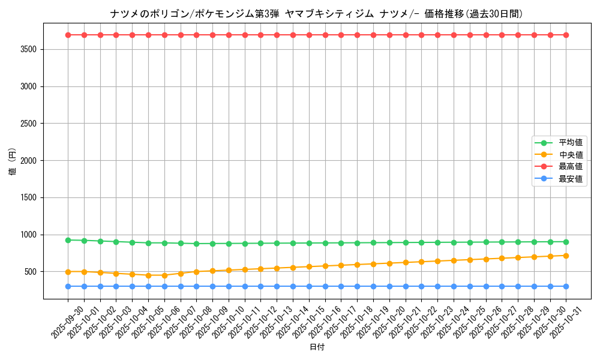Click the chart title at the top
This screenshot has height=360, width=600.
317,14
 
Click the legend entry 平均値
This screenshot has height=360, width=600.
571,143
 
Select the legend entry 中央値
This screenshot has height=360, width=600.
571,155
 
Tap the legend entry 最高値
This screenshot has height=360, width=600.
571,167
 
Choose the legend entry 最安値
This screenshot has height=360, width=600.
571,179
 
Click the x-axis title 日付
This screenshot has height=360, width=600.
317,347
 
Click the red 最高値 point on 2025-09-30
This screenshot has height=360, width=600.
68,35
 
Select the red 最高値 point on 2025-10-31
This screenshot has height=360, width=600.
566,35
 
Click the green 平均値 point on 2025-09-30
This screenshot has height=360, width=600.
68,240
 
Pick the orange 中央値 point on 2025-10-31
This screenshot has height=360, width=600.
566,256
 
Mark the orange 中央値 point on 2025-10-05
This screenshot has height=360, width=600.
148,275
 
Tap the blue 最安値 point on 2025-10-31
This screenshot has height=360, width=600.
566,286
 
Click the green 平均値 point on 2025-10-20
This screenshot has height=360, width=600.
389,242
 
